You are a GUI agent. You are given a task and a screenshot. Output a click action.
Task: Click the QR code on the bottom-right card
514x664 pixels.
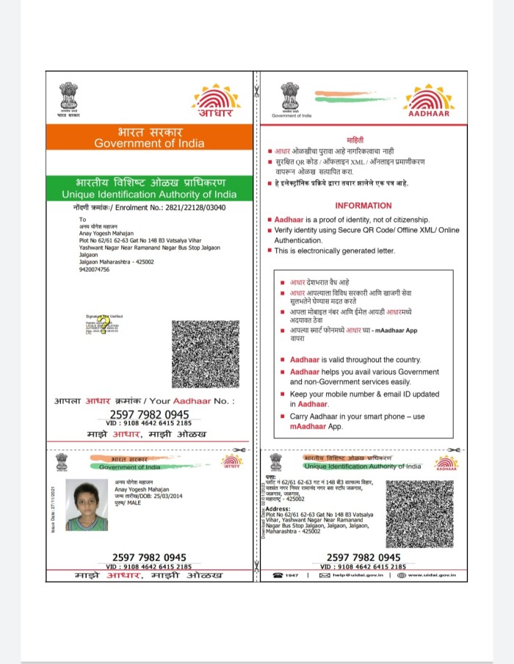(420, 513)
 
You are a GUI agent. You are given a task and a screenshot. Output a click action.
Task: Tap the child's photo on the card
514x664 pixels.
(86, 505)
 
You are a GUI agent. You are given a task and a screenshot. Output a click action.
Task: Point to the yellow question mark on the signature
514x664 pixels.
(104, 322)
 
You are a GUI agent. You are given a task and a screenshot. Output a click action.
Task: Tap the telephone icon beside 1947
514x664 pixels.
(278, 574)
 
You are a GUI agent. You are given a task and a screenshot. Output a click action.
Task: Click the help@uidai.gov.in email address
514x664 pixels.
(358, 574)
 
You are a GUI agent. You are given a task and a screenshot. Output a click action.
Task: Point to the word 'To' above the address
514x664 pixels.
(82, 219)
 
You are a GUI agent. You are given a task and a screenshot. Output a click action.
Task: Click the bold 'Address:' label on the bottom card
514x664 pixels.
(278, 508)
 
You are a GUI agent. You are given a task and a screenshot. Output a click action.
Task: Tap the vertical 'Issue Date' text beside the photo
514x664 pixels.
(53, 507)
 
